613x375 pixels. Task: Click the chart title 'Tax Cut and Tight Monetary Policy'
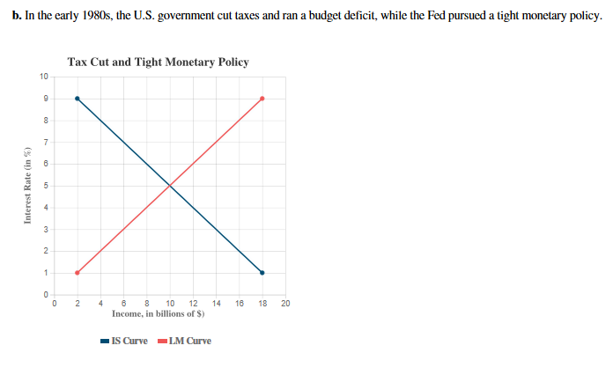(x=158, y=62)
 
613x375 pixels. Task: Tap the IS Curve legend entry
(x=124, y=341)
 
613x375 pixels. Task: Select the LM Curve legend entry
(x=183, y=341)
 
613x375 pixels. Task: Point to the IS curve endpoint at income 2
(x=78, y=99)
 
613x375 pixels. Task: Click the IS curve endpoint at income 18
(x=262, y=272)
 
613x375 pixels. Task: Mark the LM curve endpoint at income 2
(x=78, y=272)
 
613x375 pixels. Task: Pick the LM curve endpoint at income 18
(x=262, y=99)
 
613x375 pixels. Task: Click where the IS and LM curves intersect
(x=170, y=185)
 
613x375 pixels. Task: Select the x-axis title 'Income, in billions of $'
(x=159, y=313)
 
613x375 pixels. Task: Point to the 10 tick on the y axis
(x=44, y=77)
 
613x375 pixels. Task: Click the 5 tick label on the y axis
(x=46, y=186)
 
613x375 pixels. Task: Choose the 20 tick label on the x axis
(x=285, y=304)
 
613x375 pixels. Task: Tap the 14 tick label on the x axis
(x=217, y=304)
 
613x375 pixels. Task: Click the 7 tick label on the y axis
(x=46, y=142)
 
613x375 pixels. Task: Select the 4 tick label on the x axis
(x=100, y=304)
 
